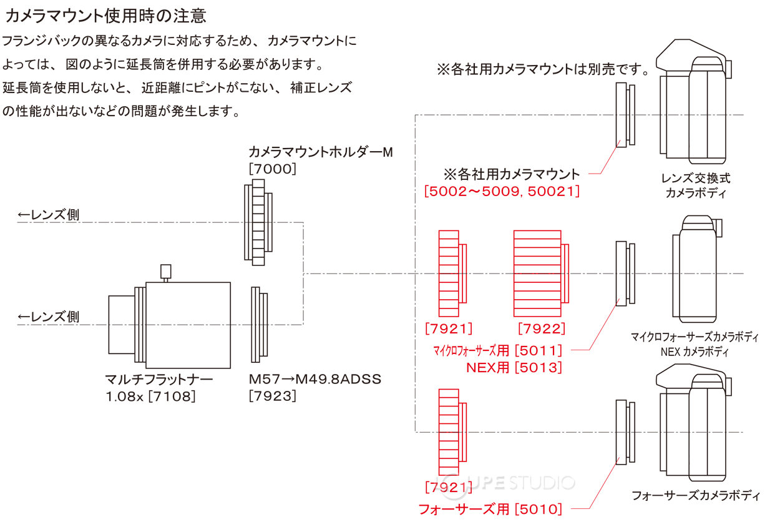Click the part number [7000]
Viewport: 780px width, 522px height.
[x=272, y=169]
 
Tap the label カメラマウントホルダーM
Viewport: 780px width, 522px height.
[x=321, y=152]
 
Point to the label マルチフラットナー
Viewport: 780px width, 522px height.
[x=159, y=379]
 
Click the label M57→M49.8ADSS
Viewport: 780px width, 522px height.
[x=315, y=379]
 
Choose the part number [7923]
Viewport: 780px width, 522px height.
[x=272, y=395]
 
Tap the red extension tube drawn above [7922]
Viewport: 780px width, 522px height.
[x=538, y=273]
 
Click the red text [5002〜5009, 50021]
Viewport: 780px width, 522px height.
[x=502, y=191]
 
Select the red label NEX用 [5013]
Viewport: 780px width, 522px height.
[x=514, y=367]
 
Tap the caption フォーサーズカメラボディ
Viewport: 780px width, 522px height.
[x=696, y=496]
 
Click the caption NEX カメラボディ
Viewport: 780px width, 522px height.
[x=695, y=352]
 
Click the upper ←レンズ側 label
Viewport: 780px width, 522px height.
[x=49, y=215]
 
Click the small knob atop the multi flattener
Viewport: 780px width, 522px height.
[x=166, y=271]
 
